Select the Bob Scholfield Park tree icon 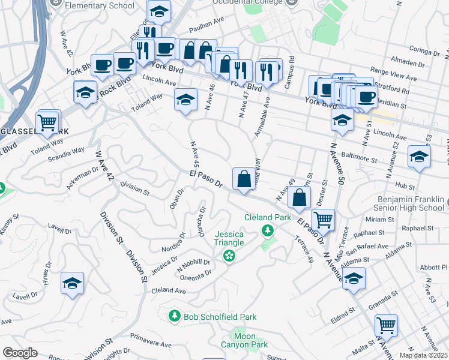coord(175,316)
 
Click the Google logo coord(20,353)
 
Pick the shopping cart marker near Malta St coord(386,326)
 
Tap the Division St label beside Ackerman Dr coord(134,189)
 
